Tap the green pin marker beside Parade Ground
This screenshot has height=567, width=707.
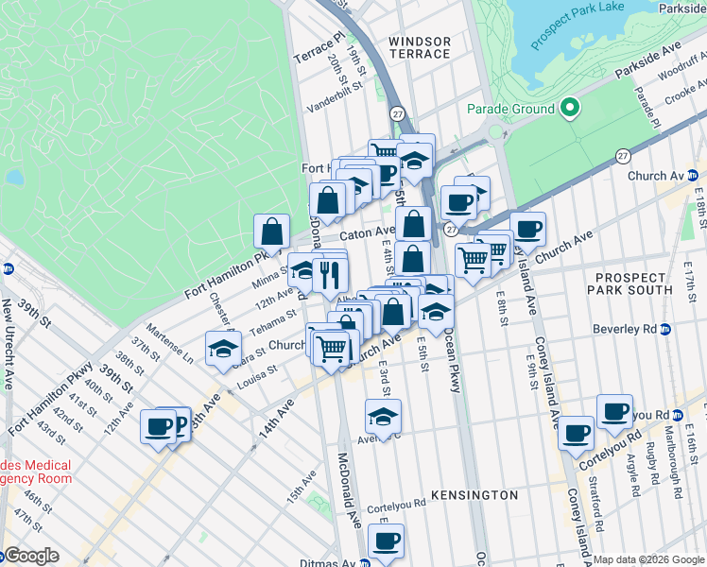click(569, 109)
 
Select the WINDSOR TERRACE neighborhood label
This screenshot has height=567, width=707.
click(420, 47)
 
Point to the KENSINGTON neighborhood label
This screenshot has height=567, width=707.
click(474, 495)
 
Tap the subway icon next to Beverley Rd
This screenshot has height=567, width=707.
click(665, 330)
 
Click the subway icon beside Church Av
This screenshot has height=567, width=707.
click(693, 176)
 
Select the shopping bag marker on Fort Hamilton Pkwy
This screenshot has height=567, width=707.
click(271, 231)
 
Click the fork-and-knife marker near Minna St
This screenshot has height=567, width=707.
click(330, 274)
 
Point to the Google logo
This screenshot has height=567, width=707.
click(31, 556)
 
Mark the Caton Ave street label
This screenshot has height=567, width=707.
click(367, 232)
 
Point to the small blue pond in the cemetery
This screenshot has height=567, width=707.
click(14, 177)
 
